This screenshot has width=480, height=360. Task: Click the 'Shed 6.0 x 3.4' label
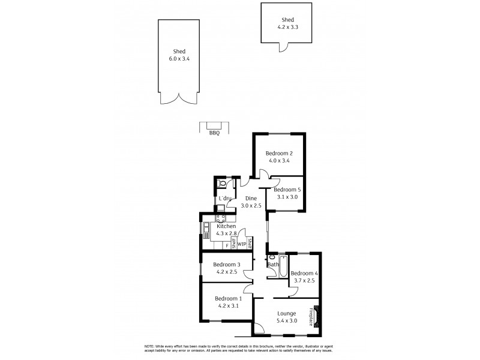click(177, 55)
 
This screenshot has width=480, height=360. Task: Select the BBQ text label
click(214, 133)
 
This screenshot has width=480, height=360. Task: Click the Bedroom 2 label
click(279, 153)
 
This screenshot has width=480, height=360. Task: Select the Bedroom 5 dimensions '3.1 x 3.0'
click(287, 196)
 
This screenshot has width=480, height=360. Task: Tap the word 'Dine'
click(251, 199)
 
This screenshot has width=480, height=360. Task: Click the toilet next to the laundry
click(223, 184)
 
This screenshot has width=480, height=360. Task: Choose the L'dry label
click(226, 199)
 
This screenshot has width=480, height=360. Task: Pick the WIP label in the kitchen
click(242, 244)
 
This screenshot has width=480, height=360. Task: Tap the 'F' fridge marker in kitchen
click(227, 245)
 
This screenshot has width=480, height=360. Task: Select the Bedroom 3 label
click(227, 265)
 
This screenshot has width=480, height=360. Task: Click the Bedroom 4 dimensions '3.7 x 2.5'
click(303, 280)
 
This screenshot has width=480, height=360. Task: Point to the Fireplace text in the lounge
click(311, 317)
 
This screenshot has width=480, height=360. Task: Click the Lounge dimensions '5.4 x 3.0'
click(287, 321)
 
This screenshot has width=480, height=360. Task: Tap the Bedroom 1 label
click(228, 299)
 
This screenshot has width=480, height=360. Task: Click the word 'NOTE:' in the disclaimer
click(149, 347)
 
